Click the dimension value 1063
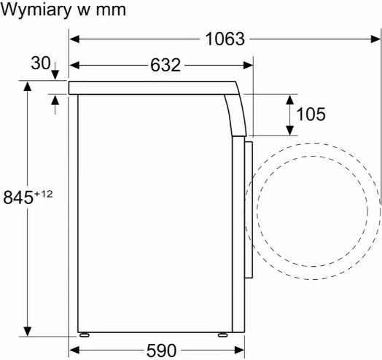tap(225, 39)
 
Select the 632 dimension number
tap(165, 66)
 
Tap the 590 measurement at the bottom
tap(161, 351)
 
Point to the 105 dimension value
tap(311, 114)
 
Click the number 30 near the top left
tap(40, 63)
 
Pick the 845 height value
tap(18, 197)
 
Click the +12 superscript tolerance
tap(43, 194)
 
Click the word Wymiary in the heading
tap(36, 10)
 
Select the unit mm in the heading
tap(111, 11)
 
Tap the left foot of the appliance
tap(85, 335)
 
